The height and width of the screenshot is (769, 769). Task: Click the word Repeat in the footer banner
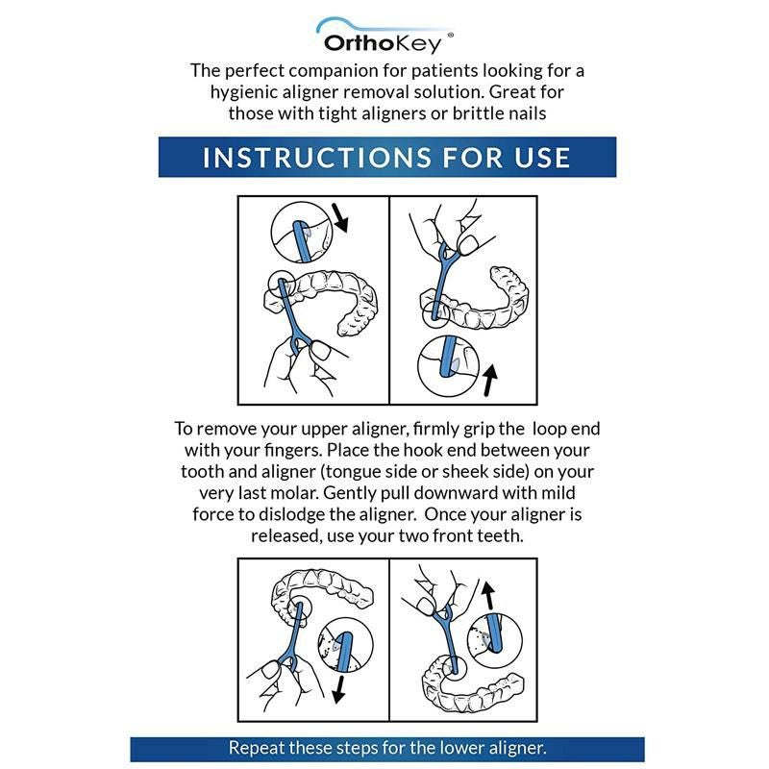click(256, 747)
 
